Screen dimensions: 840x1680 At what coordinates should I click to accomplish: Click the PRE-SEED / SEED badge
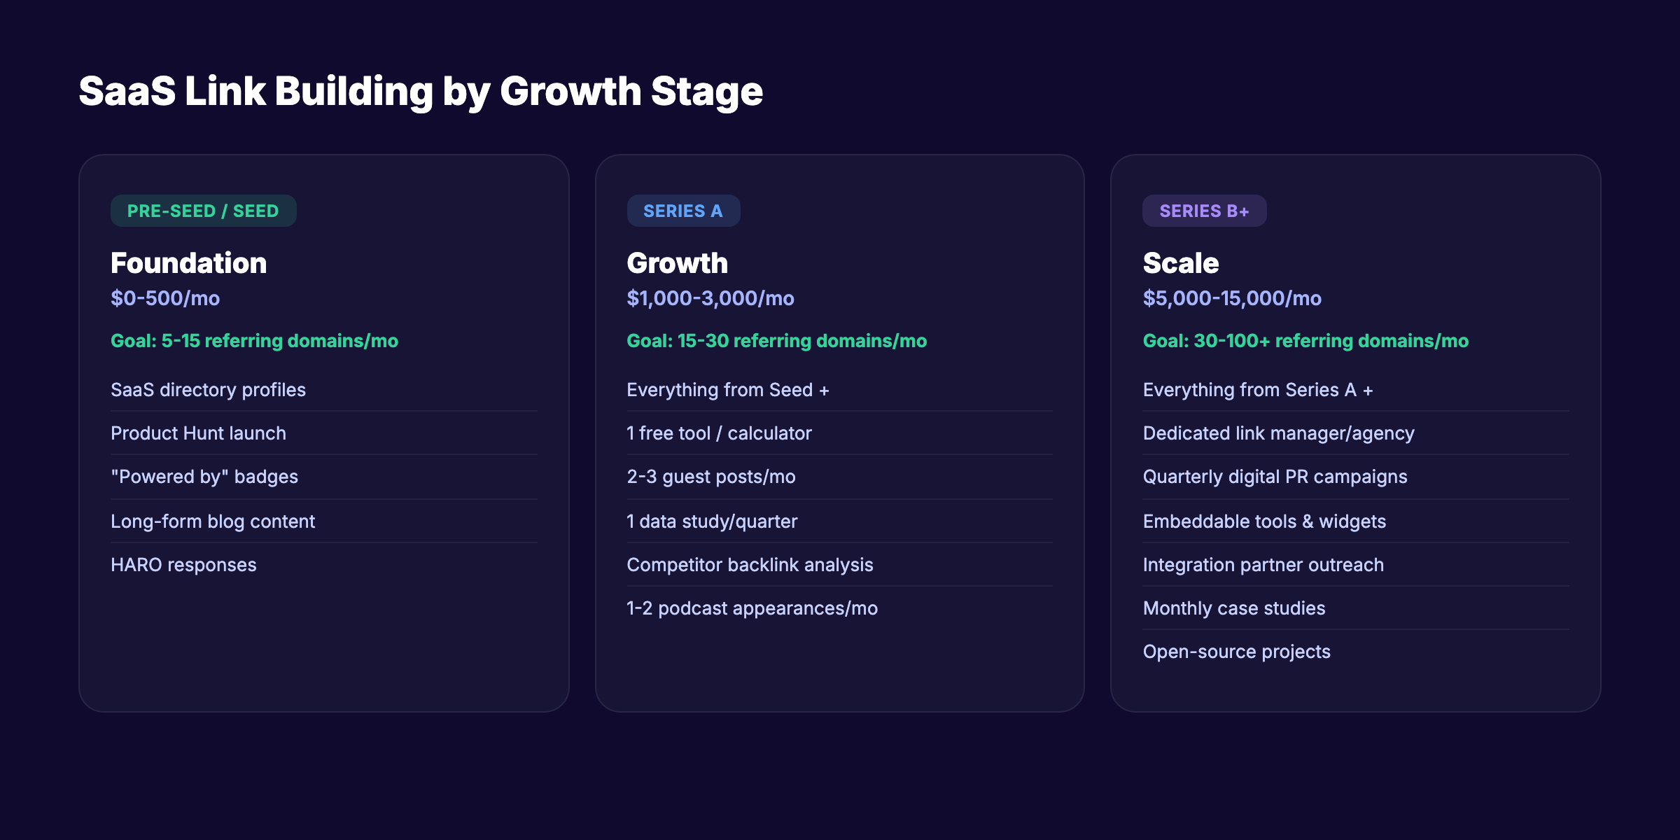pos(203,211)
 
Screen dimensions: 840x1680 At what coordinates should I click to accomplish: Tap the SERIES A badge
pos(682,211)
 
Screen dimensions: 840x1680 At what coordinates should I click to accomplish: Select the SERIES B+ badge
pos(1204,211)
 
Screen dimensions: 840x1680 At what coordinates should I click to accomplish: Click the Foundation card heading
pos(188,263)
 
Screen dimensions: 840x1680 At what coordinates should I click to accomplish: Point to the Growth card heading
pos(677,263)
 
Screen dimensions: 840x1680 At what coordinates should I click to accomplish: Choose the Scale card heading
pos(1180,263)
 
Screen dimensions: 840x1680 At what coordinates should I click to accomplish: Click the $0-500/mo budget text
pos(165,298)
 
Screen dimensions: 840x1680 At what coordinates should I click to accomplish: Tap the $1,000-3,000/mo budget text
pos(710,298)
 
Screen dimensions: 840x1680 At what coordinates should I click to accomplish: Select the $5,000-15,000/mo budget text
pos(1231,298)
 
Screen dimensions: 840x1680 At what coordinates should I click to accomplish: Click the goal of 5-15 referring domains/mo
pos(254,341)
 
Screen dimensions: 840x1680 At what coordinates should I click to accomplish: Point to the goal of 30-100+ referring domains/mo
pos(1305,341)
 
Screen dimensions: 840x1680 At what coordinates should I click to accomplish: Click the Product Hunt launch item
pos(198,433)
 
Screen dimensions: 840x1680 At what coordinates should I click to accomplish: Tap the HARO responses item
pos(183,565)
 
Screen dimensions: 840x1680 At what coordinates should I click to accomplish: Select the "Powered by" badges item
pos(204,477)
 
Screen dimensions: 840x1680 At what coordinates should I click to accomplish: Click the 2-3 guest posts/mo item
pos(710,477)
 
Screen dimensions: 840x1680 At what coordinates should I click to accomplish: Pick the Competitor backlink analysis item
pos(749,565)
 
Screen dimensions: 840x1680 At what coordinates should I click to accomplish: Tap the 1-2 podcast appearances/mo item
pos(752,608)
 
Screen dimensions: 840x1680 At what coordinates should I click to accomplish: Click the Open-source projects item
pos(1236,652)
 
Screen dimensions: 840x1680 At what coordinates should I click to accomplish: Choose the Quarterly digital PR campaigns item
pos(1274,477)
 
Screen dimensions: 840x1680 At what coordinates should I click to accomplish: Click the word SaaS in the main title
pos(127,92)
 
